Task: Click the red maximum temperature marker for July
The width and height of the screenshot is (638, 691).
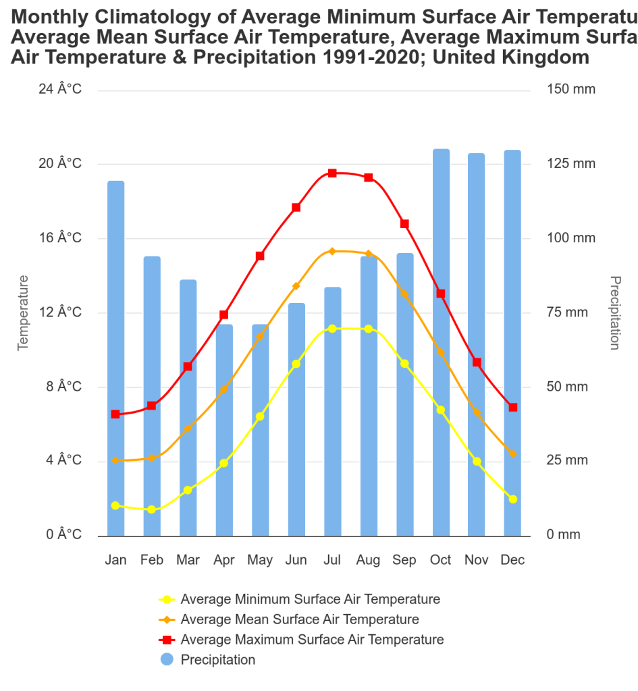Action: point(332,173)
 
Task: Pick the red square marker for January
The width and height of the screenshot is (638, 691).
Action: point(115,414)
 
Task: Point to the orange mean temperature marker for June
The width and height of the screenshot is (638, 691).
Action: point(296,286)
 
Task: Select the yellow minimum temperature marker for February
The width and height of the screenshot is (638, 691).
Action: point(152,509)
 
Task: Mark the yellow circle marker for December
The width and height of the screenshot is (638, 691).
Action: point(513,499)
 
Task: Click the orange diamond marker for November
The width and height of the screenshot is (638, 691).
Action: point(477,412)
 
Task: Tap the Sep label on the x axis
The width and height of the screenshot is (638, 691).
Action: point(404,560)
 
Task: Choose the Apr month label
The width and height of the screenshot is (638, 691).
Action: point(224,560)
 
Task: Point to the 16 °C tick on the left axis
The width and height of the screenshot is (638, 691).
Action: point(60,238)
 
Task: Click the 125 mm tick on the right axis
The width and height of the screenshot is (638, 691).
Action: point(571,164)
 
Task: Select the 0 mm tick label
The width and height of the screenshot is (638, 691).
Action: point(563,535)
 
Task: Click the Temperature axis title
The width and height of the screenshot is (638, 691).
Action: point(24,312)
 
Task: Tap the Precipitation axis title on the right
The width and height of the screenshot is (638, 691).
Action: point(614,312)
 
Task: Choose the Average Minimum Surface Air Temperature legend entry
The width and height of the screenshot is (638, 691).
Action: point(310,599)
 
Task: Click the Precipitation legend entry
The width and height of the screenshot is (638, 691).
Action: point(217,660)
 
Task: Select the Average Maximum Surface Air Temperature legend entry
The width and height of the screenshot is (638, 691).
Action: point(312,640)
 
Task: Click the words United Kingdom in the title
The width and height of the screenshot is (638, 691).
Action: point(510,57)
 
